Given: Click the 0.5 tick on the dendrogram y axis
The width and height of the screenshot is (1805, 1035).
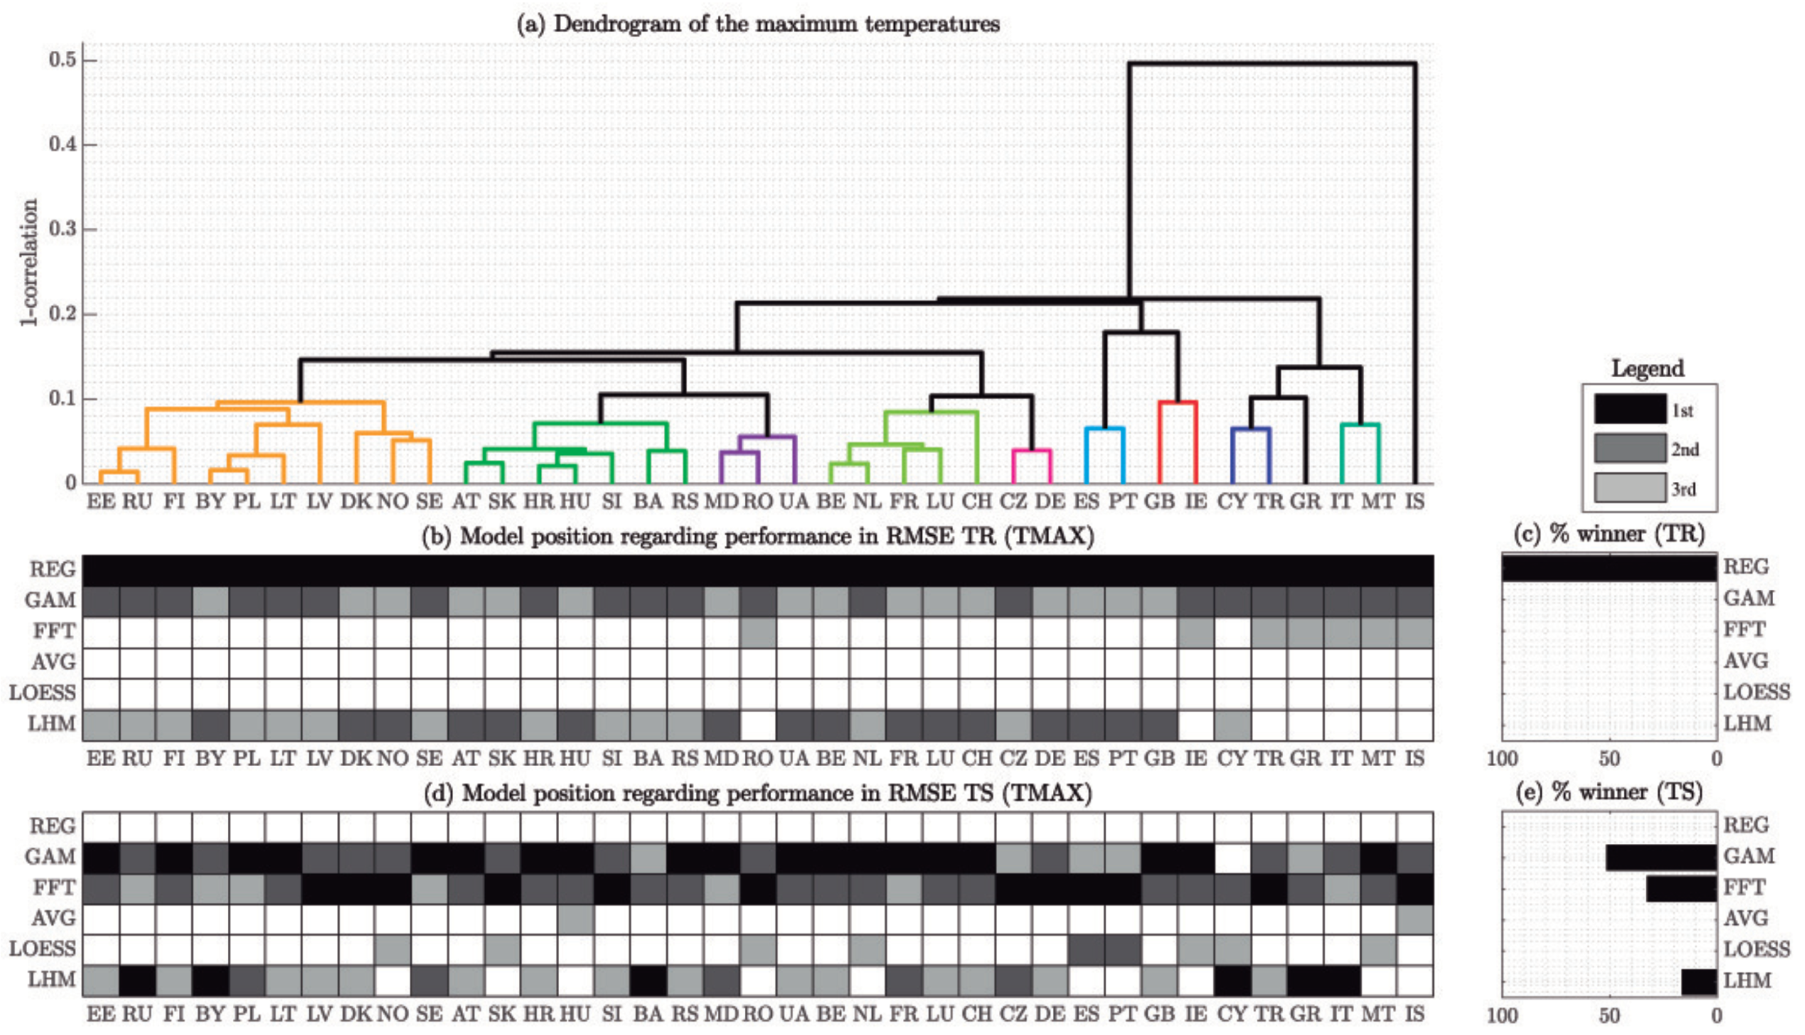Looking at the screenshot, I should (x=62, y=61).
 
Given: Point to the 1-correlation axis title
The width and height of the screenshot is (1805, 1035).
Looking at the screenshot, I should (x=28, y=263).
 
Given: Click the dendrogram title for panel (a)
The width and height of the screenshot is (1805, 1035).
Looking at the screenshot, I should (x=758, y=24).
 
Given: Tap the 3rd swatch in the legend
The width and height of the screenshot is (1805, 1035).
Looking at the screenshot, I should (x=1629, y=488).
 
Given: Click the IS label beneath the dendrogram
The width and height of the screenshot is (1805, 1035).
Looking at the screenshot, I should (x=1415, y=502).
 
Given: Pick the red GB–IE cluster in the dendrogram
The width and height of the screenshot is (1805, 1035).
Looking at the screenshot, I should (x=1177, y=404).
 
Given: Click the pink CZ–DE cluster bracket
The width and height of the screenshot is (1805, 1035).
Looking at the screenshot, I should (x=1031, y=451).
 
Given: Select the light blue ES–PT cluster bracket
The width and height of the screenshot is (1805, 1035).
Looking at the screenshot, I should (x=1104, y=429).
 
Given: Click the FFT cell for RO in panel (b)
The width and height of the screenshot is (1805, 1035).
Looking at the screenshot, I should (x=758, y=632).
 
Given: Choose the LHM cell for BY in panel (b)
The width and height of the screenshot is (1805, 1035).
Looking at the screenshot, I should (x=211, y=725).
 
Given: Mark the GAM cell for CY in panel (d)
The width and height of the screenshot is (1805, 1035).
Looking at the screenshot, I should (x=1232, y=857).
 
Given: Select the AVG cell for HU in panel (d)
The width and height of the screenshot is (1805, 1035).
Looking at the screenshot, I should (x=575, y=919).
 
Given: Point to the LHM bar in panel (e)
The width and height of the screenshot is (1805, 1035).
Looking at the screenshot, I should (x=1698, y=981).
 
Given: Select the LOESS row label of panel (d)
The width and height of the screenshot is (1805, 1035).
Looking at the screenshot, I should (x=43, y=949).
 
